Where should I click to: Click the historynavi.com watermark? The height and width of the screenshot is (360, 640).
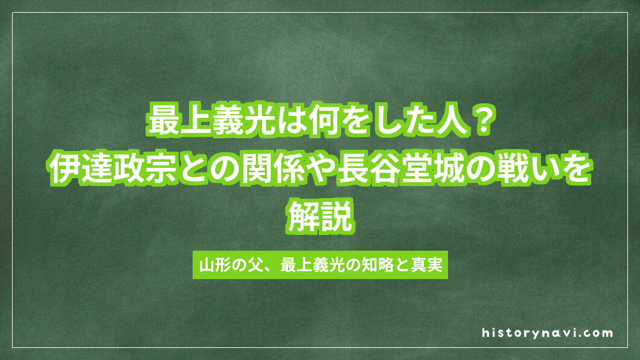(x=548, y=333)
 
